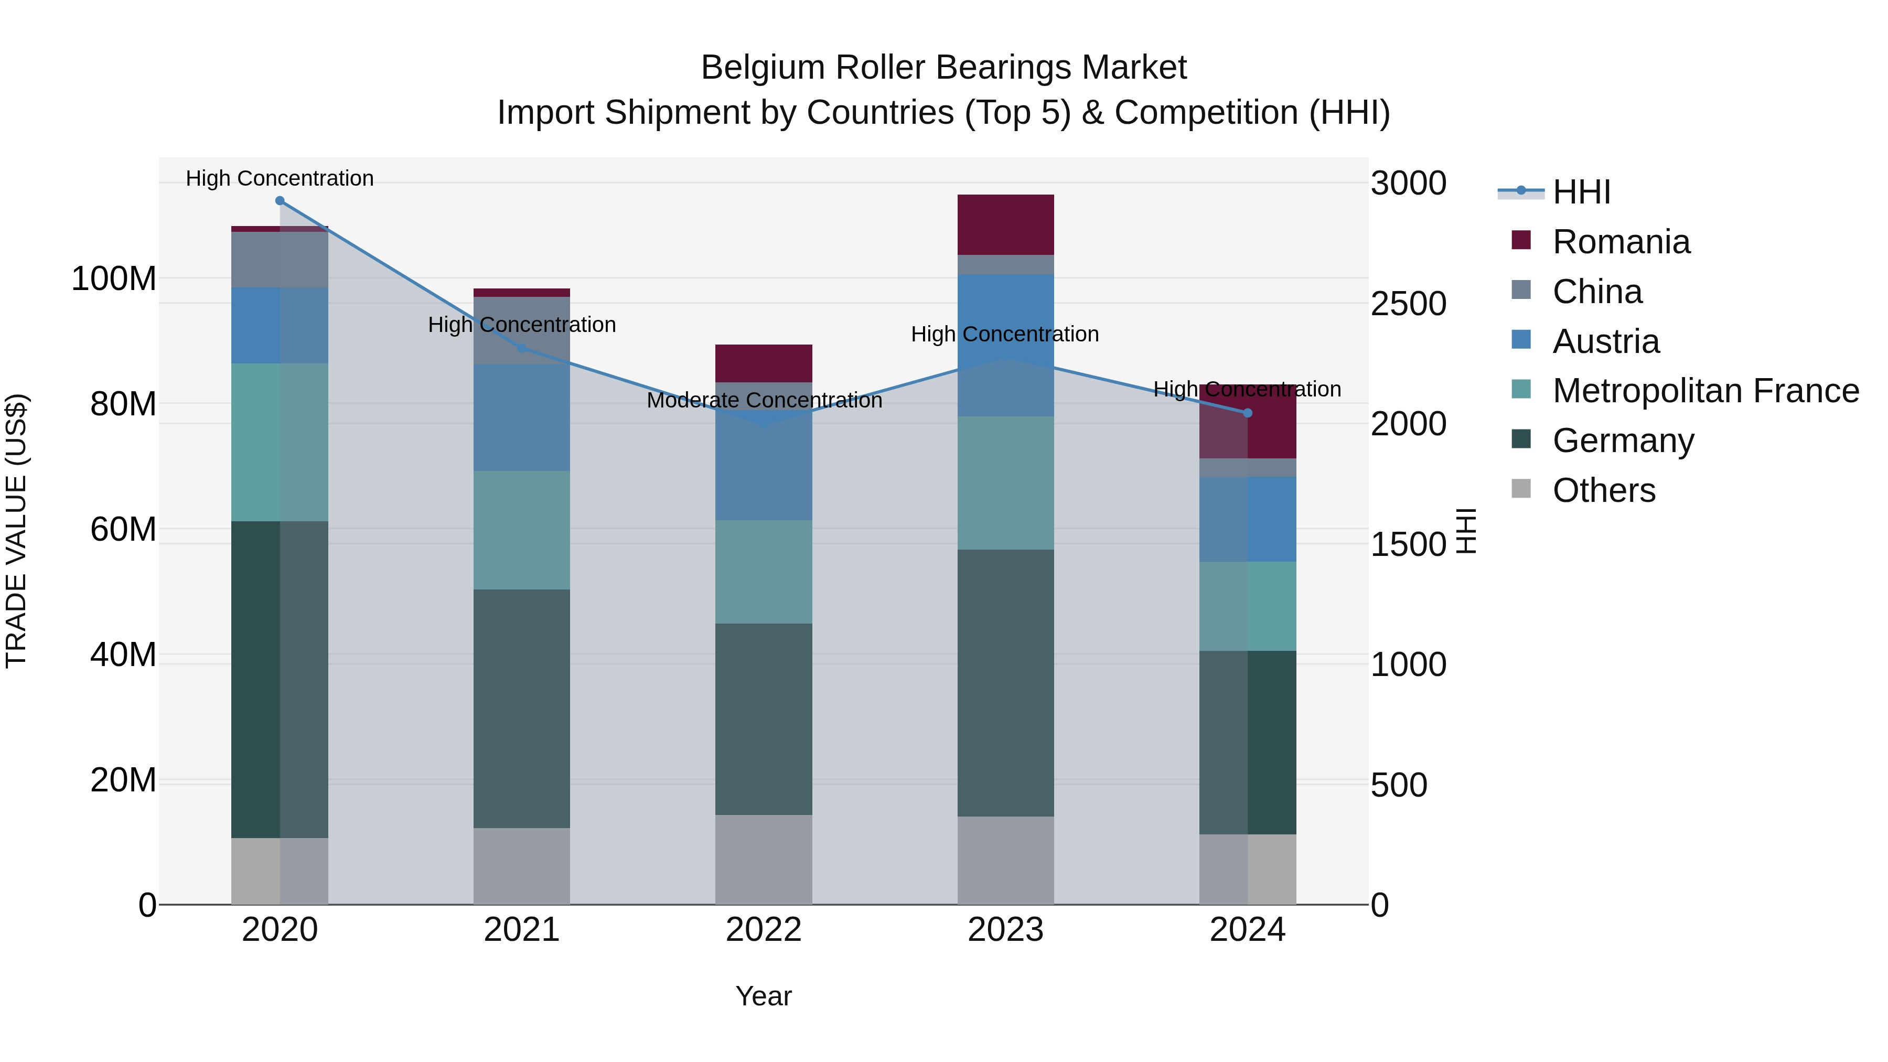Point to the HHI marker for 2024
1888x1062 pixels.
tap(1248, 413)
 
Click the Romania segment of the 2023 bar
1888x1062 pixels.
tap(1005, 224)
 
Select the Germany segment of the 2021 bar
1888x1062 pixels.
tap(521, 708)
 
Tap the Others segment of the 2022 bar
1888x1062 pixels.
tap(764, 859)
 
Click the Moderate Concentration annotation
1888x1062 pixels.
tap(764, 401)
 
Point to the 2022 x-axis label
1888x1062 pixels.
tap(764, 930)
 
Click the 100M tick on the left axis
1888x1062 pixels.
tap(114, 279)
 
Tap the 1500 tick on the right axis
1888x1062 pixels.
tap(1408, 544)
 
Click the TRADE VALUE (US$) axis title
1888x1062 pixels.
tap(16, 531)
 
